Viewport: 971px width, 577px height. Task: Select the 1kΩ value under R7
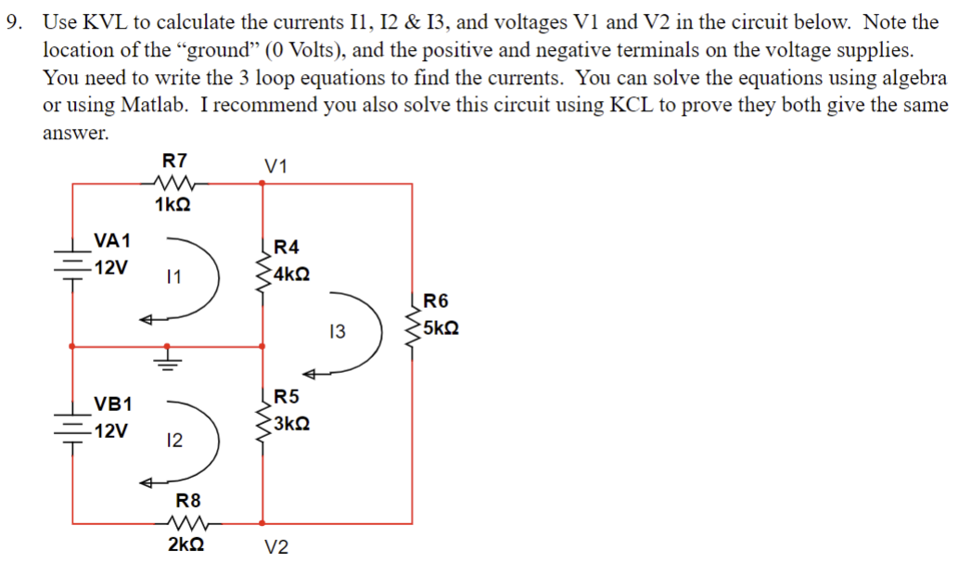[174, 203]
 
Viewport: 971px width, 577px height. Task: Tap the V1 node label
[275, 167]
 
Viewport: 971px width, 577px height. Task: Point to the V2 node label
[275, 547]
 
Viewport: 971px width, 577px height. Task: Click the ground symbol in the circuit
[168, 356]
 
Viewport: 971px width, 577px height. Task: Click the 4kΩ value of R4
[292, 276]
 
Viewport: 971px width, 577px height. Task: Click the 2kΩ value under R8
[186, 545]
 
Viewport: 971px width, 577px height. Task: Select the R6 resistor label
[435, 300]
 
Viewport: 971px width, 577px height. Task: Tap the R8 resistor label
[188, 501]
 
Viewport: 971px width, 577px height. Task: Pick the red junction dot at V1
[262, 184]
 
